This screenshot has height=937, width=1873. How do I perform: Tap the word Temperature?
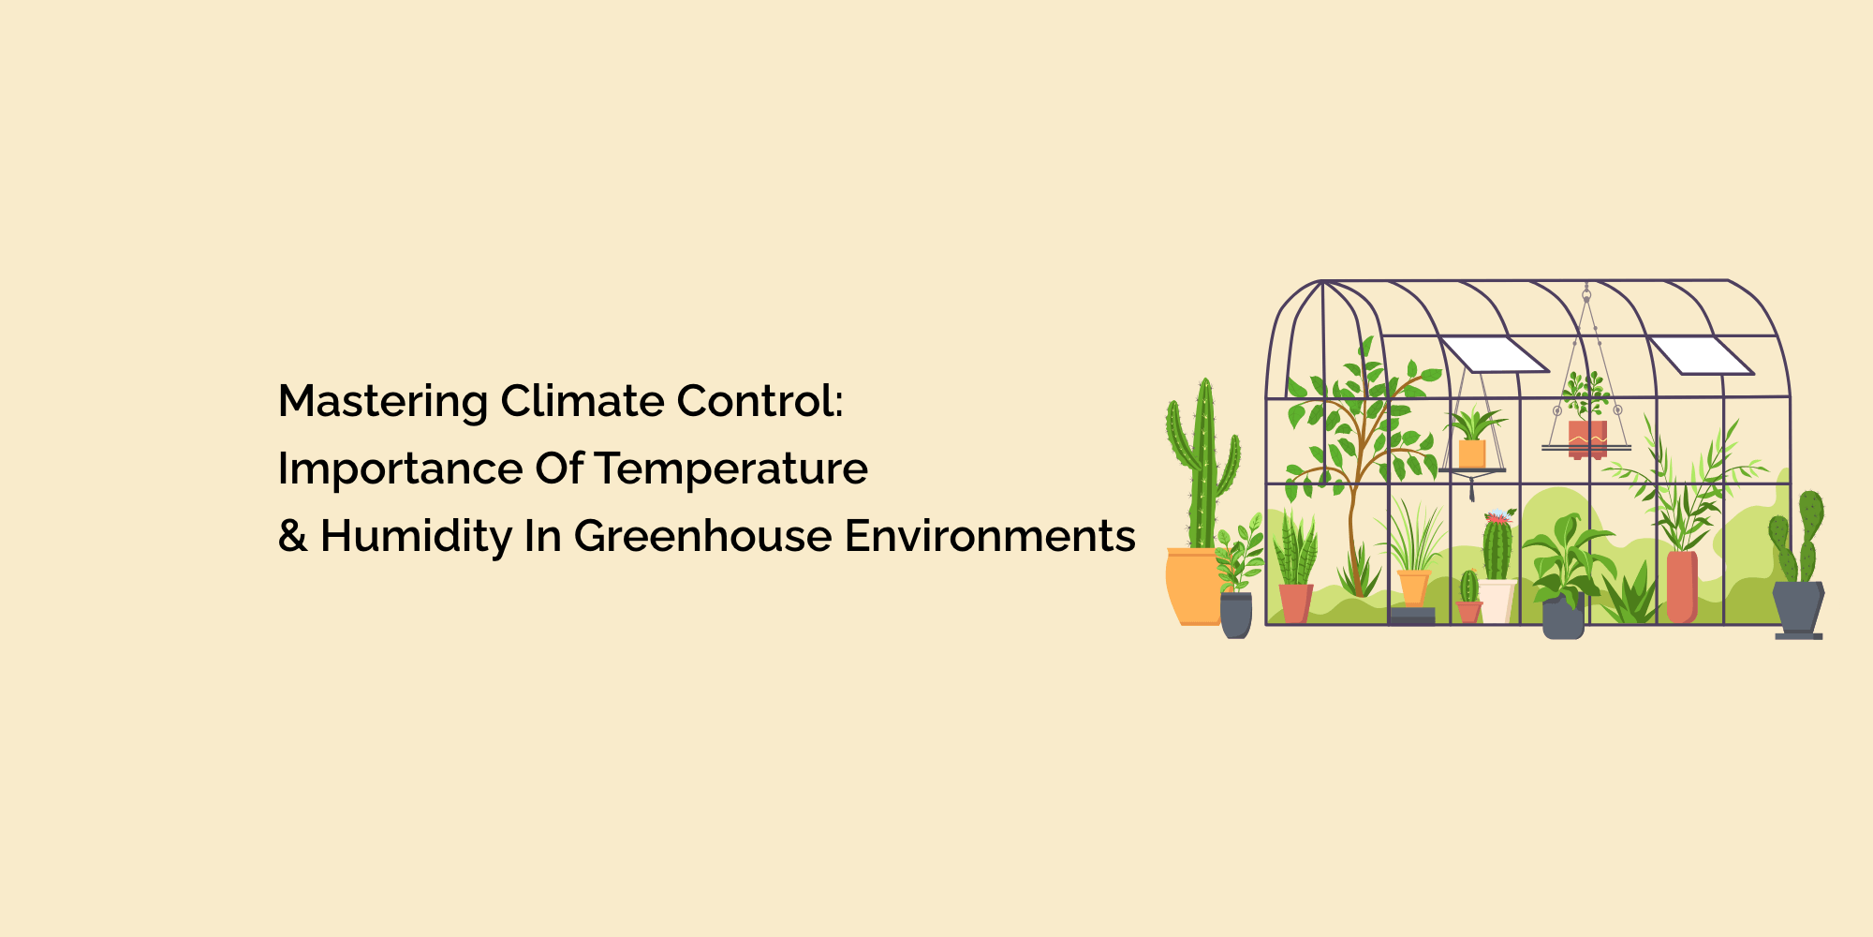point(730,468)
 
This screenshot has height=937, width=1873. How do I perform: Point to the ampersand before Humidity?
point(292,536)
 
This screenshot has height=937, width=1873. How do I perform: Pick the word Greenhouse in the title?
point(702,536)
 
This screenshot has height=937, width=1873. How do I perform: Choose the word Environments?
point(990,536)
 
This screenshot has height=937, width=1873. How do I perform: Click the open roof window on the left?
point(1493,355)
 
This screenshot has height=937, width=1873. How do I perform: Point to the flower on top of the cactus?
point(1498,516)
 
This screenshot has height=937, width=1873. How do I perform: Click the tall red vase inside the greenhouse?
point(1682,587)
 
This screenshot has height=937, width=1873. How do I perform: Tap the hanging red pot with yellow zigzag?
point(1587,438)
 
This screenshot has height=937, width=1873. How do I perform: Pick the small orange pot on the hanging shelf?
point(1472,454)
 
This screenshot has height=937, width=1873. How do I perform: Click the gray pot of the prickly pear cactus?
point(1798,607)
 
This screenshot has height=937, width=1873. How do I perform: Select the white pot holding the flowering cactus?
point(1497,601)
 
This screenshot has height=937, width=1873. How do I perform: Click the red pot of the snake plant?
point(1295,602)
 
